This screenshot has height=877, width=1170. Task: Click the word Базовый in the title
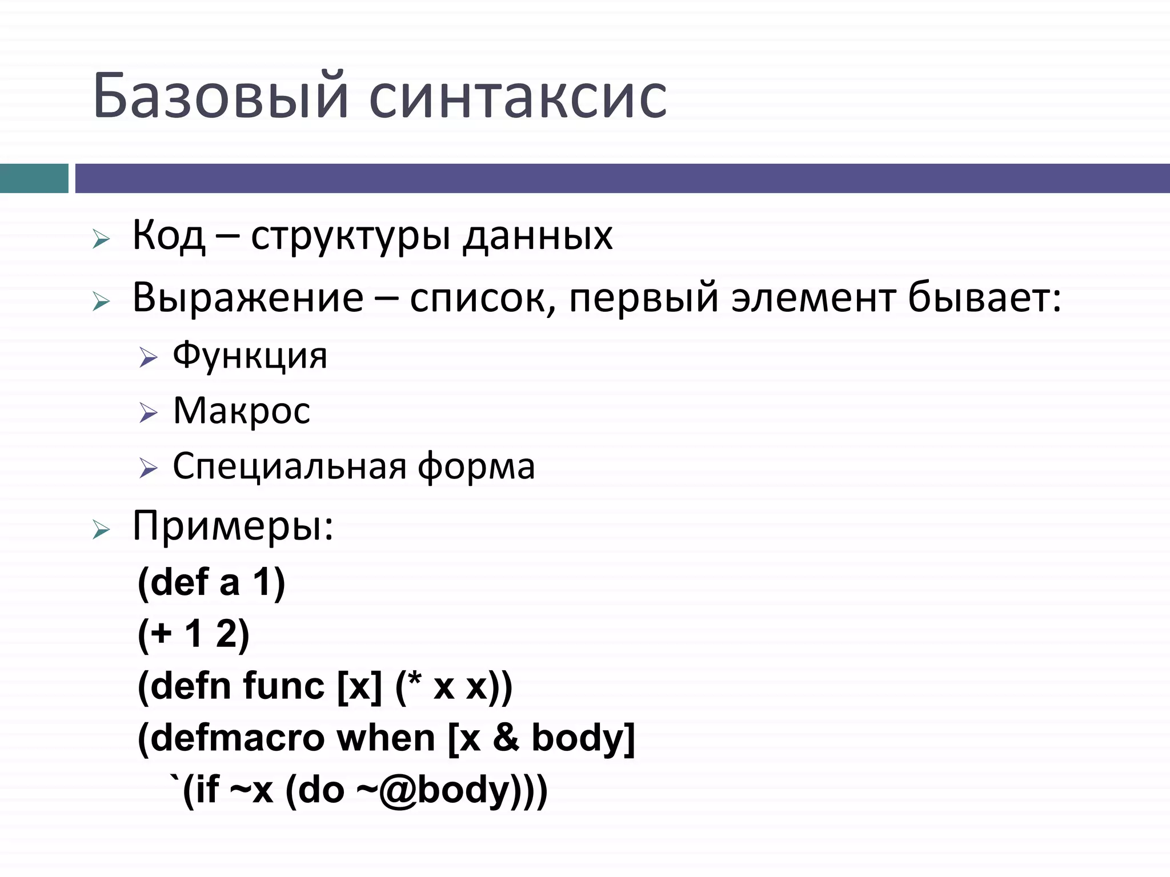click(221, 96)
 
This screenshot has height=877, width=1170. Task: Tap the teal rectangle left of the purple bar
click(34, 178)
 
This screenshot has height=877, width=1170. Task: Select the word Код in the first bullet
click(169, 235)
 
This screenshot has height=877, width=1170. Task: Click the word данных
click(537, 235)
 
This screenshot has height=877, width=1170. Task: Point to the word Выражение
click(247, 298)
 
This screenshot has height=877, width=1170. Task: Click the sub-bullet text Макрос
click(241, 411)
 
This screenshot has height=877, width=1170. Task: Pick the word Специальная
click(290, 466)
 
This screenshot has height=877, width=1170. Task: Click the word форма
click(476, 467)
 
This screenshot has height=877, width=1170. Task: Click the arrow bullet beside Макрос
click(148, 413)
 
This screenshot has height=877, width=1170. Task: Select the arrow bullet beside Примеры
click(101, 530)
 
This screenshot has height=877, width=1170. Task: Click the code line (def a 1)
click(211, 583)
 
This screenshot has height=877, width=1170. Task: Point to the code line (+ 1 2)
click(194, 634)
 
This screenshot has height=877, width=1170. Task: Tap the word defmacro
click(237, 738)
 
